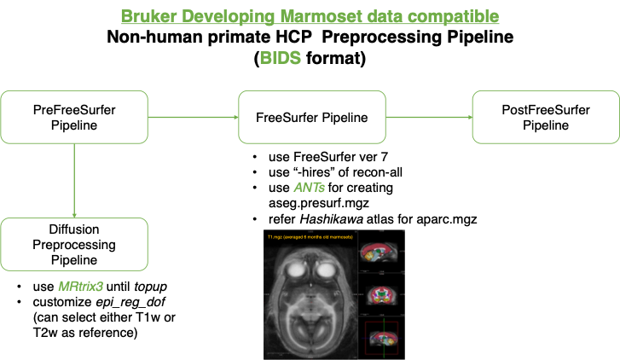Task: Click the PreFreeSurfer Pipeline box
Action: [74, 118]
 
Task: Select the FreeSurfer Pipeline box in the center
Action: [312, 118]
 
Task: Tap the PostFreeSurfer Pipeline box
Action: [545, 118]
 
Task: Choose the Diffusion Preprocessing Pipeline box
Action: [74, 245]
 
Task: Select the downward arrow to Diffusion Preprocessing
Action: [74, 180]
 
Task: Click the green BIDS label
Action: [281, 59]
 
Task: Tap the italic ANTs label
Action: [308, 187]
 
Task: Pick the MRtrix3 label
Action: [80, 286]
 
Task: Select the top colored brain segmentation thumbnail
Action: [380, 253]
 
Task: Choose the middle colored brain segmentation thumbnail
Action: [380, 294]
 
